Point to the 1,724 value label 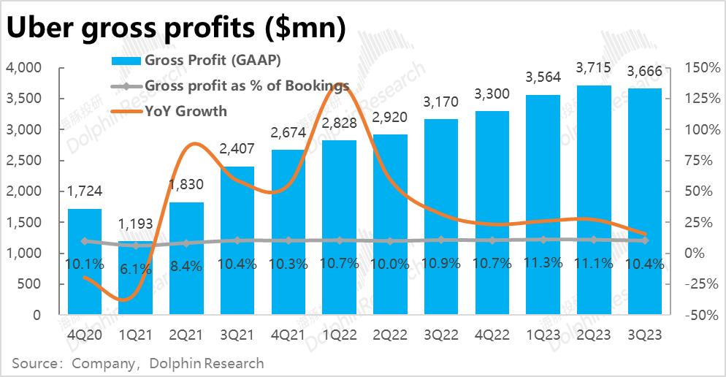85,191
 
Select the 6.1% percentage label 135,269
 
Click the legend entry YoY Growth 186,111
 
